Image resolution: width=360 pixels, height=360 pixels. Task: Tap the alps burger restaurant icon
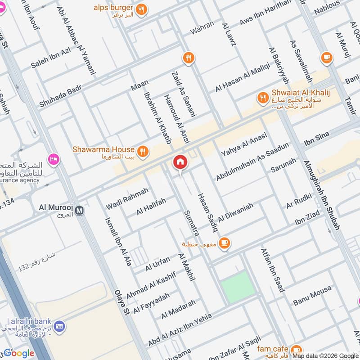[141, 9]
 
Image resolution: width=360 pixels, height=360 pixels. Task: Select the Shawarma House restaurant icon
[143, 152]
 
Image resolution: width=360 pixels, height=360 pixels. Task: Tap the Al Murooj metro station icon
[80, 210]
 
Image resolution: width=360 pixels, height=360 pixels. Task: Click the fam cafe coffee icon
[296, 349]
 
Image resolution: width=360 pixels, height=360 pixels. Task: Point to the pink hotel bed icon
[54, 159]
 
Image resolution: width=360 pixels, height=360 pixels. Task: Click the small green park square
[238, 287]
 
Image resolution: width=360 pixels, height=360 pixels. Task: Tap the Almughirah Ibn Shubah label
[321, 195]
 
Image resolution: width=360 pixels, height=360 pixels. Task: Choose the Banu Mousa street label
[312, 296]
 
